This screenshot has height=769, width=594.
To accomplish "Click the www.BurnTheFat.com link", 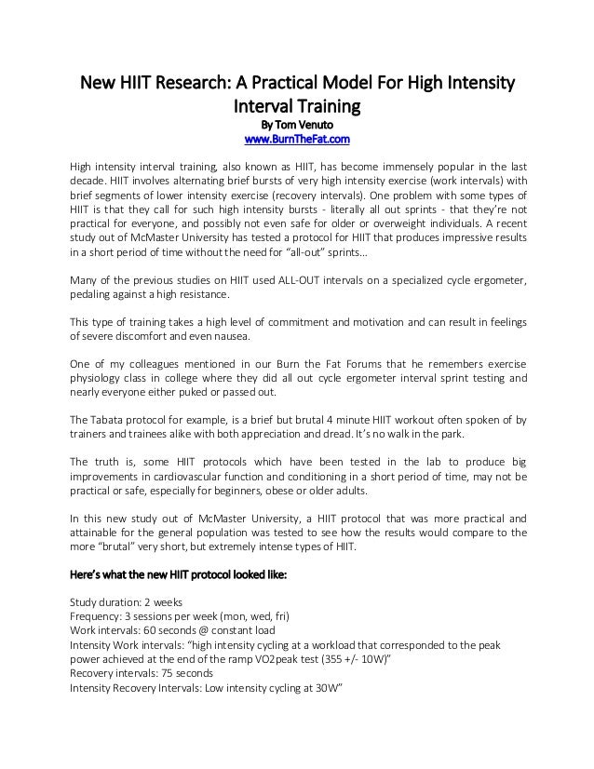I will (x=296, y=140).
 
